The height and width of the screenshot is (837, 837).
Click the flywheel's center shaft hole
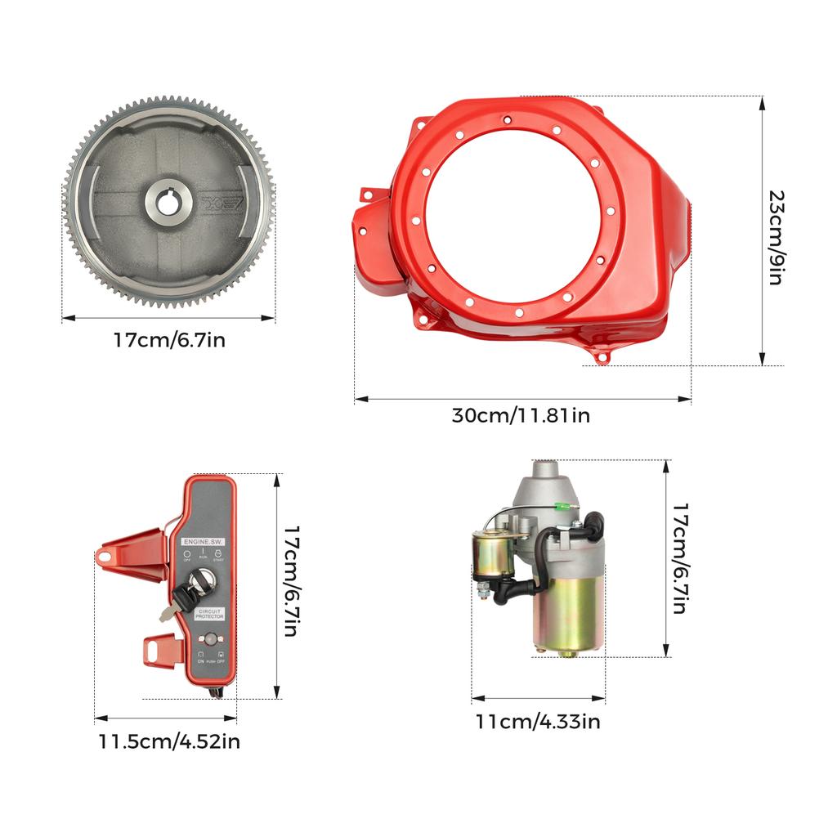point(169,201)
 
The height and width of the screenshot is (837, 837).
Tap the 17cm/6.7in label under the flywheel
point(169,339)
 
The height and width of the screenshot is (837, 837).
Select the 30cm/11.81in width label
point(521,415)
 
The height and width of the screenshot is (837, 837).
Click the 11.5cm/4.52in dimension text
point(169,742)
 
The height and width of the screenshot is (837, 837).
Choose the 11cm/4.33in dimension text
point(538,722)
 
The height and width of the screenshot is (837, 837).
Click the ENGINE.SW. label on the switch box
point(202,541)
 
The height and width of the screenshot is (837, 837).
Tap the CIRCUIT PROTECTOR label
point(209,613)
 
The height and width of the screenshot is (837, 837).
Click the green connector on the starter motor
point(561,507)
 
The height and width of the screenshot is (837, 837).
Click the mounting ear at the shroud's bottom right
point(602,356)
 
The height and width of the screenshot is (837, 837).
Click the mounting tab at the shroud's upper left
point(367,195)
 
